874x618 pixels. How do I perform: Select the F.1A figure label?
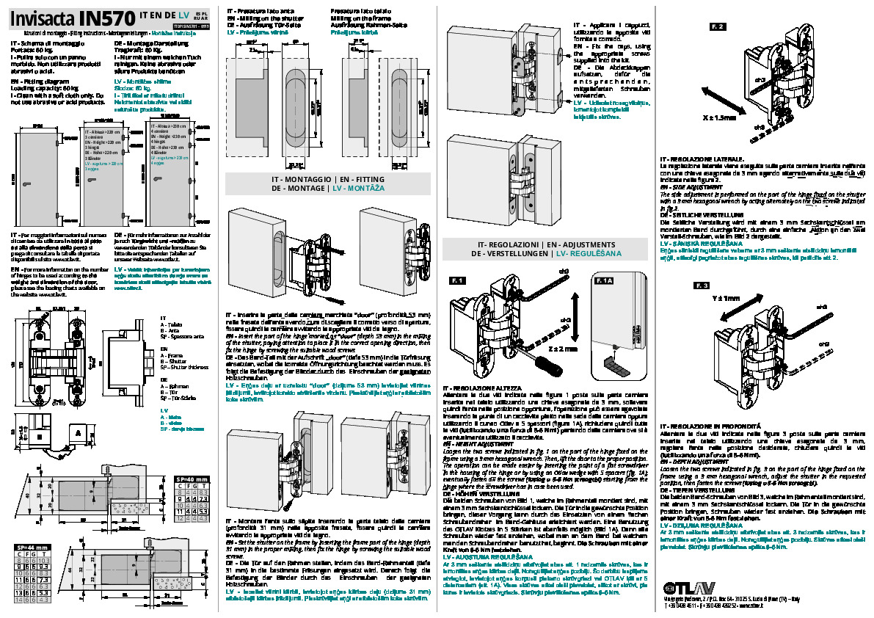(x=604, y=281)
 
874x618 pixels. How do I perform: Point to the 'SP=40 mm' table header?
(x=193, y=479)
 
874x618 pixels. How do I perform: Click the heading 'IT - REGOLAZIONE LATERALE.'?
(x=702, y=159)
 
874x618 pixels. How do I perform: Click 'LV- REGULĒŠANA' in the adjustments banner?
(x=589, y=253)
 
